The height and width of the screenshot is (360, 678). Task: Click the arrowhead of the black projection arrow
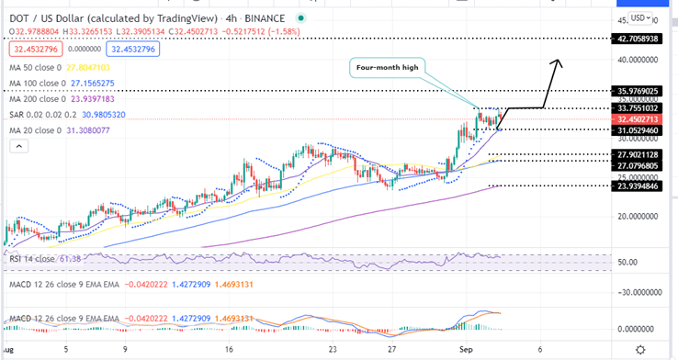click(x=556, y=62)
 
